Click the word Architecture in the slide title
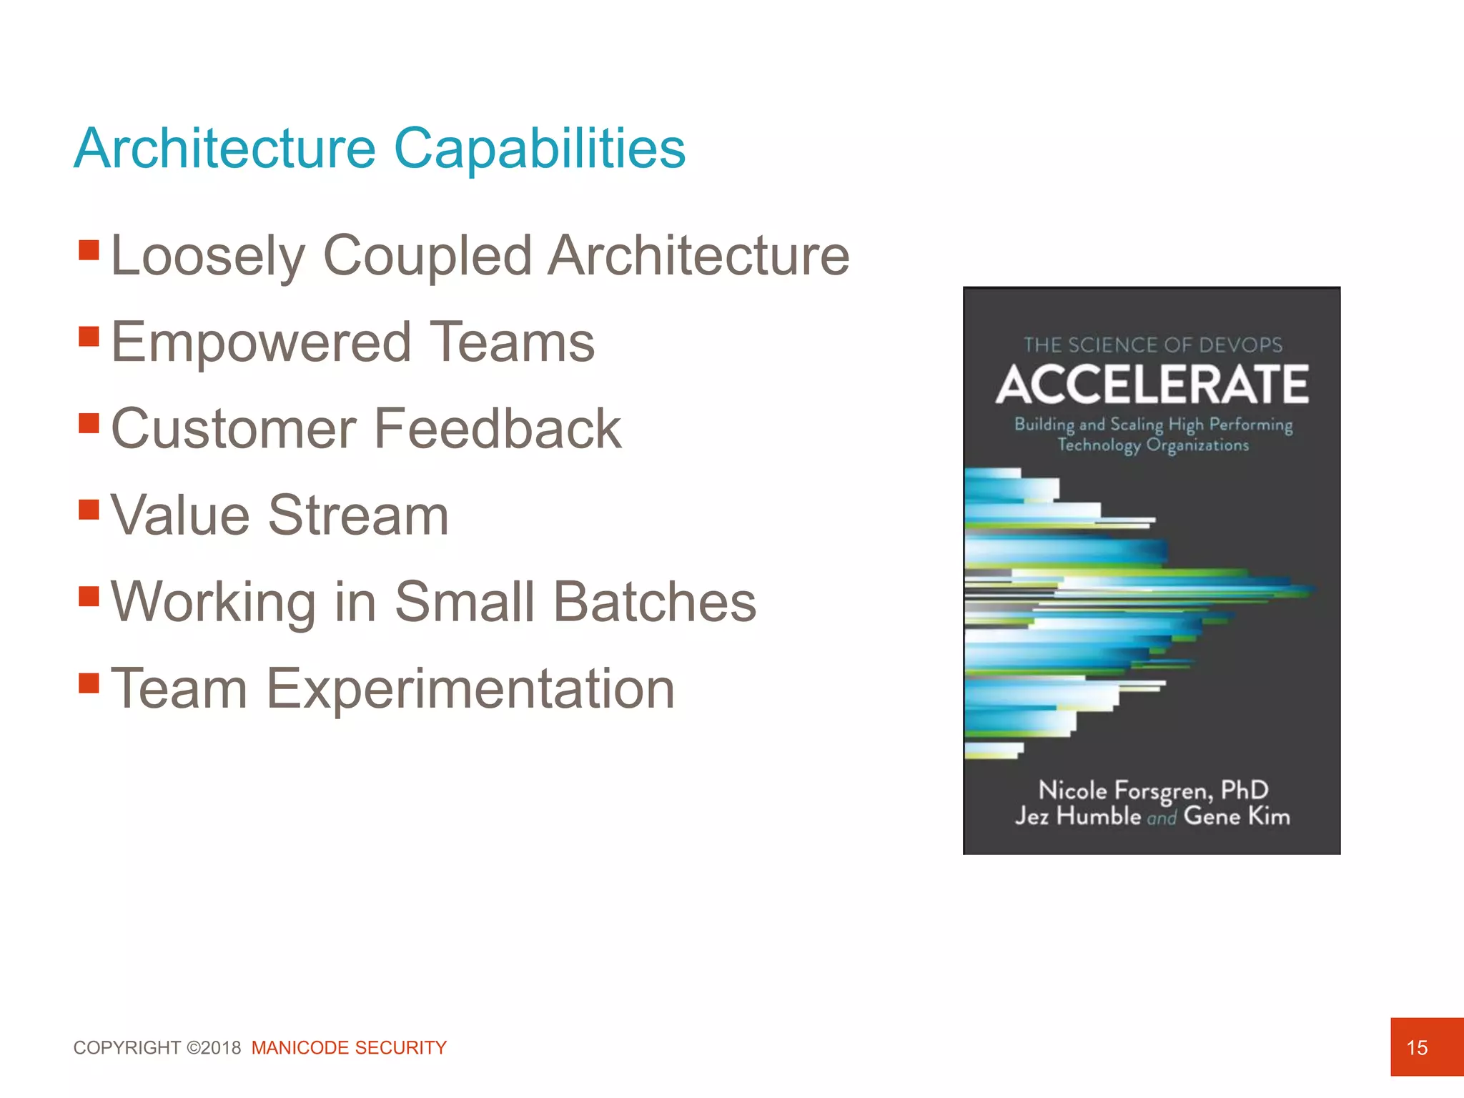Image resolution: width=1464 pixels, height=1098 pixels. (x=224, y=149)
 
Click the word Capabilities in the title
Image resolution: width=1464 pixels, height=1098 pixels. (x=540, y=149)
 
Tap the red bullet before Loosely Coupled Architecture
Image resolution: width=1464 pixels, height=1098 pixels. (x=89, y=249)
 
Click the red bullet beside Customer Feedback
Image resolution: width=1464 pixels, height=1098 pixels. (x=89, y=422)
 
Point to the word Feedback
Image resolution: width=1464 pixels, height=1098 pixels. (x=498, y=428)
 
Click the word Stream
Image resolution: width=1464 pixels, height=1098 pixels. (x=358, y=515)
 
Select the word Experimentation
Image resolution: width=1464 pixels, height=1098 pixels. (x=470, y=688)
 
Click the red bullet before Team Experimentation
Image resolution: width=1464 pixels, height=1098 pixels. (x=89, y=683)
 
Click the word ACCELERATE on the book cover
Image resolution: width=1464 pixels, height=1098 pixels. (x=1152, y=385)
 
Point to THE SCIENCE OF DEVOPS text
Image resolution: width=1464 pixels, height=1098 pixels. (x=1152, y=345)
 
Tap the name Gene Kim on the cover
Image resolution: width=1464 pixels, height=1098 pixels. (x=1237, y=816)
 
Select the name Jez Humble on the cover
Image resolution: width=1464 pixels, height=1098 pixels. (x=1077, y=816)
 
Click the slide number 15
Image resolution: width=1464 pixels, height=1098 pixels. (x=1416, y=1047)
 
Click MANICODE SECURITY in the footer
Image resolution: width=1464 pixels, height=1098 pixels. (x=349, y=1047)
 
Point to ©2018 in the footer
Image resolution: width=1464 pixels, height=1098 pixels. (x=214, y=1047)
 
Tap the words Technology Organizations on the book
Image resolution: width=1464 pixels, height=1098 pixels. (x=1152, y=445)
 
